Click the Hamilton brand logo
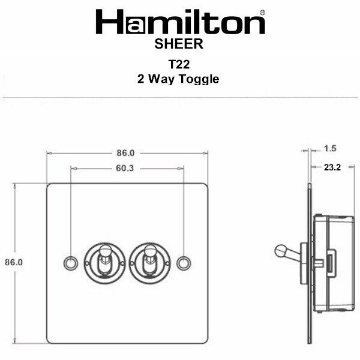181,22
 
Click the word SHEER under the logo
179,44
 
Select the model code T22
179,64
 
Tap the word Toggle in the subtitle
199,79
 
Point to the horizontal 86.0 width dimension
125,153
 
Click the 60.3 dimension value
125,168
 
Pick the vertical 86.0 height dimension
14,262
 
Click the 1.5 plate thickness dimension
330,149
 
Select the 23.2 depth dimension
332,167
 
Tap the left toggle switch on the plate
104,263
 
